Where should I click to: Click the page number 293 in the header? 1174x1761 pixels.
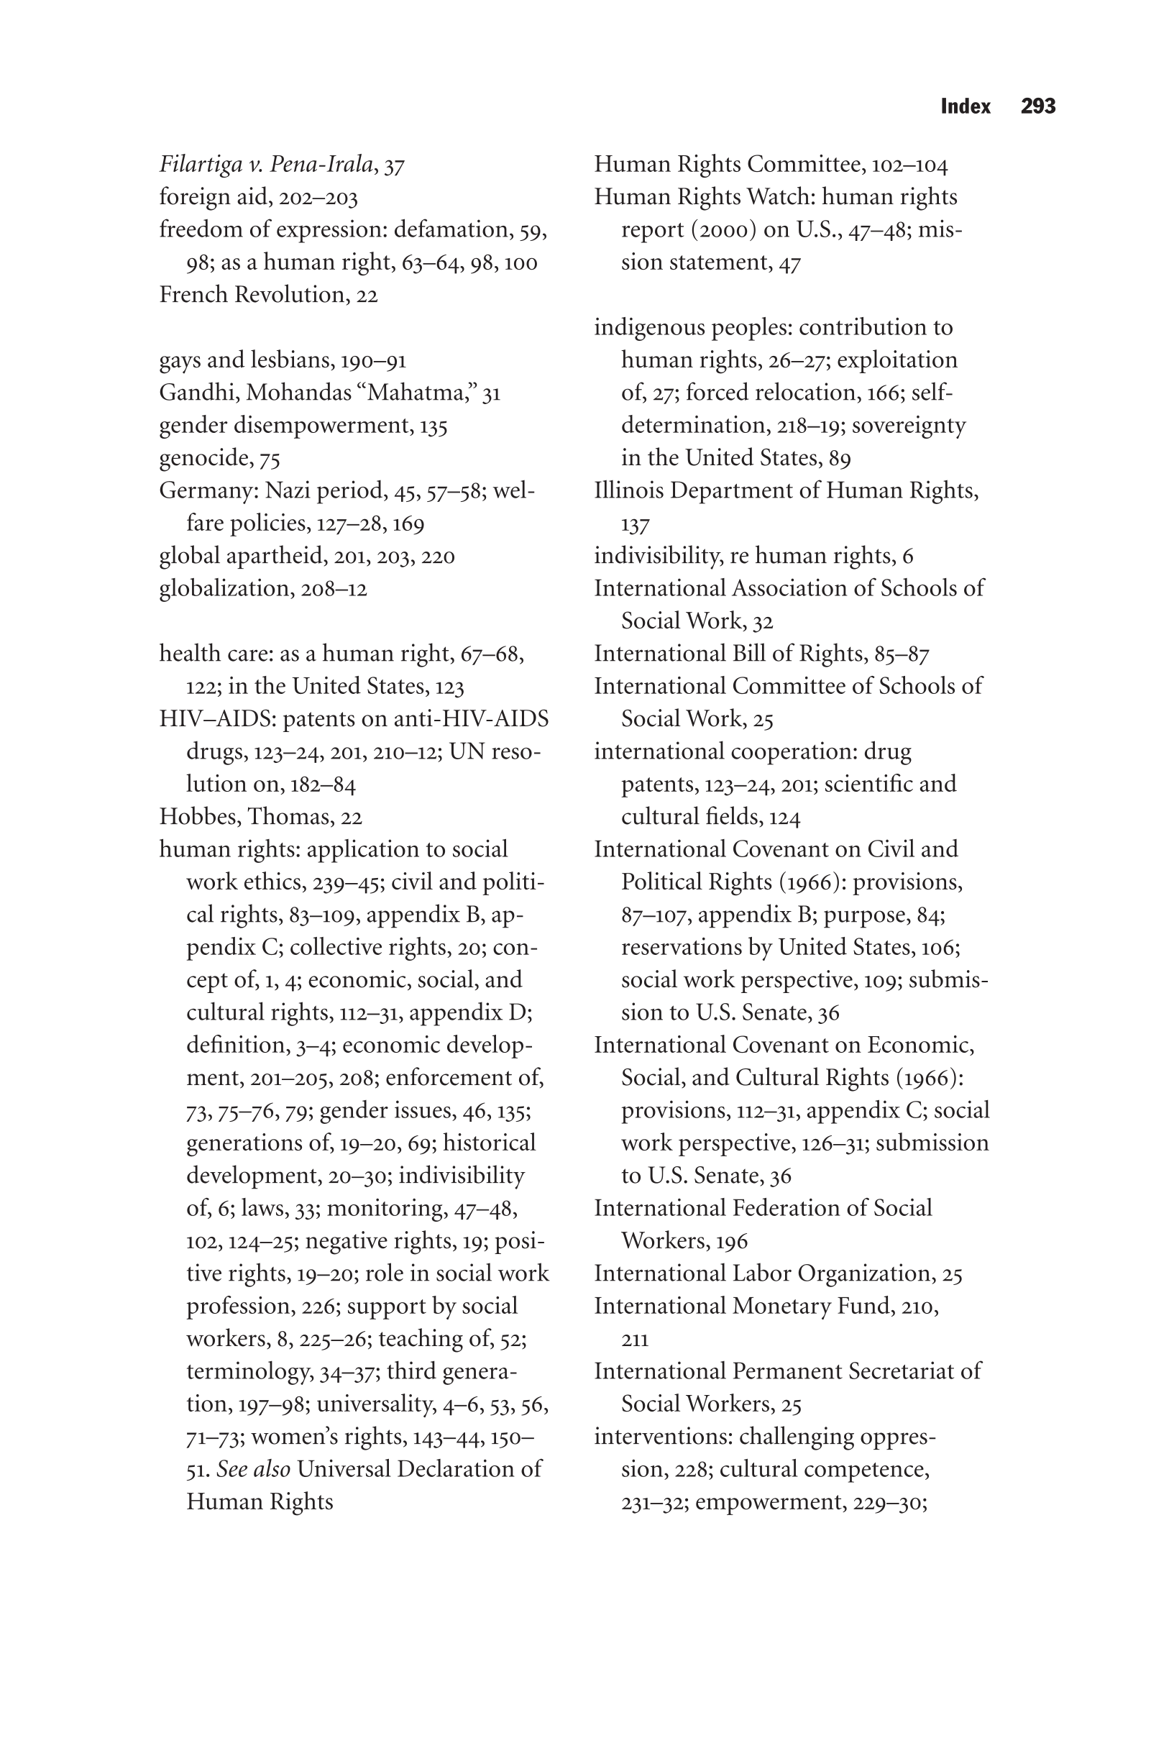click(1037, 106)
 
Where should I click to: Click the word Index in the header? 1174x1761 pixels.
click(965, 106)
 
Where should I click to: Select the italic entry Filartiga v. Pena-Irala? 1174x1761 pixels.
click(266, 164)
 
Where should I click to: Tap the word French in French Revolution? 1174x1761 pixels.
click(193, 294)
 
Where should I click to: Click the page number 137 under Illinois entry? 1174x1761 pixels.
click(635, 525)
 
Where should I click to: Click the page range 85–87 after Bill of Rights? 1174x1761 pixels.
click(902, 654)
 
